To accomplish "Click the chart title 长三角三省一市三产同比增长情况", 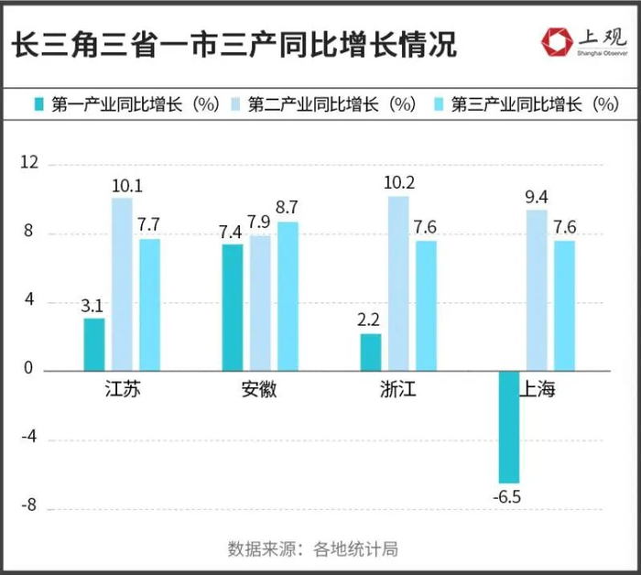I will pyautogui.click(x=234, y=43).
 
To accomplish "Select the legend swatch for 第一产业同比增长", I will pyautogui.click(x=38, y=105).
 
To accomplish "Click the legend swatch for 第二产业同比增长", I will pyautogui.click(x=234, y=105).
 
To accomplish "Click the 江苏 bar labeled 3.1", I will pyautogui.click(x=93, y=344).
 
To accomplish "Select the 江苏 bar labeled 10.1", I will pyautogui.click(x=122, y=284).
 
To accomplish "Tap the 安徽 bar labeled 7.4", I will pyautogui.click(x=233, y=307).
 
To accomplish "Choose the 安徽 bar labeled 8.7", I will pyautogui.click(x=288, y=296).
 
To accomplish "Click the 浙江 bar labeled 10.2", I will pyautogui.click(x=398, y=283).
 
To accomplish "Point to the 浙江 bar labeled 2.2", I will pyautogui.click(x=370, y=352).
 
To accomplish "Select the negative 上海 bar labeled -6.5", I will pyautogui.click(x=508, y=427).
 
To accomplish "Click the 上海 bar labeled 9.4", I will pyautogui.click(x=537, y=290).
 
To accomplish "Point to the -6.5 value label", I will pyautogui.click(x=509, y=497).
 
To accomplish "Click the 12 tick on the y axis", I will pyautogui.click(x=31, y=163).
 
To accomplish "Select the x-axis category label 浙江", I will pyautogui.click(x=398, y=390).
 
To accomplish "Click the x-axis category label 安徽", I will pyautogui.click(x=260, y=390).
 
